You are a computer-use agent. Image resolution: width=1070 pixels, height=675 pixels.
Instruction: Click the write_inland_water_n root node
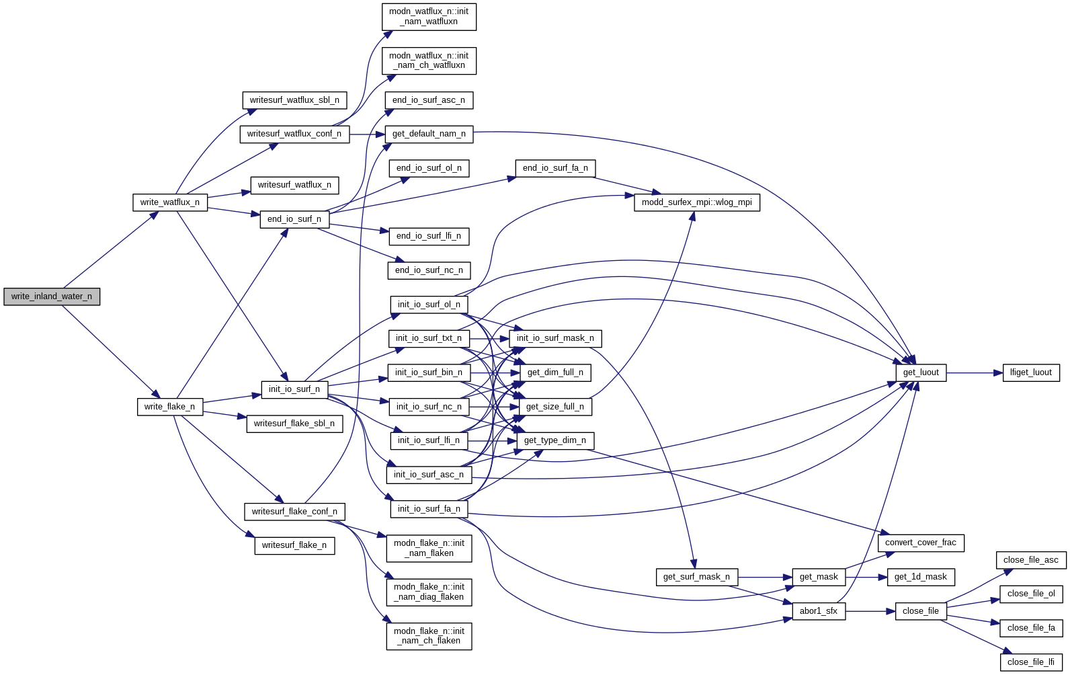(52, 296)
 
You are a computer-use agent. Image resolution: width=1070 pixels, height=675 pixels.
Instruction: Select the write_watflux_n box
(170, 202)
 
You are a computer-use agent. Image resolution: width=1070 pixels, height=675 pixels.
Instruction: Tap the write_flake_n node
(169, 407)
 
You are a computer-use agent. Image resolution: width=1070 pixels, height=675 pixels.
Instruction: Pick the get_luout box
(921, 372)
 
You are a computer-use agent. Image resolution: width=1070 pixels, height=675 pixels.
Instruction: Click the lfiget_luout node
(1031, 372)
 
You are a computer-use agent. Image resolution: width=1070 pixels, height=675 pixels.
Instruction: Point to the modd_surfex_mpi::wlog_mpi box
(697, 202)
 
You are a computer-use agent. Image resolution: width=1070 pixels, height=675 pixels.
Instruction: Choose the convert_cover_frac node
(921, 543)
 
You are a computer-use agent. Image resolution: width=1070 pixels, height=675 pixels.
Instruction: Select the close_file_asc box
(1030, 560)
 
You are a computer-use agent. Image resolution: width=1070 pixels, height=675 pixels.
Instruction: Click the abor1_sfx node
(819, 611)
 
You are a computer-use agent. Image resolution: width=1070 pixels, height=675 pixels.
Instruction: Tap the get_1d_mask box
(921, 577)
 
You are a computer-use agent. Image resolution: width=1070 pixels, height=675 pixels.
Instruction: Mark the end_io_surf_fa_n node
(555, 168)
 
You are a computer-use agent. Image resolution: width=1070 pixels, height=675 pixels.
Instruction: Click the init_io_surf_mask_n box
(555, 338)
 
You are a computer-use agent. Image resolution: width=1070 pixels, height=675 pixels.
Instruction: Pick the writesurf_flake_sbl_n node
(294, 424)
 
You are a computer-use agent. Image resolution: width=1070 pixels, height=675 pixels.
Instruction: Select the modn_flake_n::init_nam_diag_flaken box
(429, 592)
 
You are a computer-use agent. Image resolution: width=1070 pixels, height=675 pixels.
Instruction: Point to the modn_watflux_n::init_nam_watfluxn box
(429, 17)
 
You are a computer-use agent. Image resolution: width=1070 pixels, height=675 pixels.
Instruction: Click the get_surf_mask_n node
(696, 577)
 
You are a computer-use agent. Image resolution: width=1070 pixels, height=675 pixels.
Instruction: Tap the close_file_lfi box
(1031, 662)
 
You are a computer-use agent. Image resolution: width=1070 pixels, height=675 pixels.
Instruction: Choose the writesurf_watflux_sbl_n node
(294, 100)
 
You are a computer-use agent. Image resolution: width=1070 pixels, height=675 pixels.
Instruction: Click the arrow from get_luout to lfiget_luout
(975, 372)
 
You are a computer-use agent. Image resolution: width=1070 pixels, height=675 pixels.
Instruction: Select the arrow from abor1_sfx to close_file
(870, 611)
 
